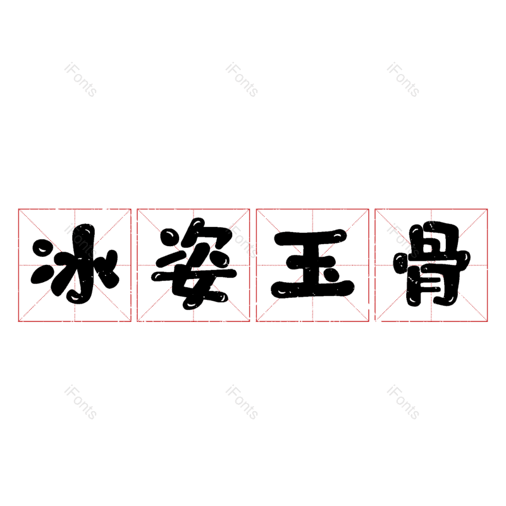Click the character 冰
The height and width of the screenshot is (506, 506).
(75, 265)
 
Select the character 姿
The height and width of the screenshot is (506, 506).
(194, 265)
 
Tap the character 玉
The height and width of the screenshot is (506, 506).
(312, 265)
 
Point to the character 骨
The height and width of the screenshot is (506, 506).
(431, 265)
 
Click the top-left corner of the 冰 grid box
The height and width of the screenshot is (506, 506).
(18, 209)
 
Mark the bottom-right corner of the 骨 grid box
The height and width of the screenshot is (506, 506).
(488, 321)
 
